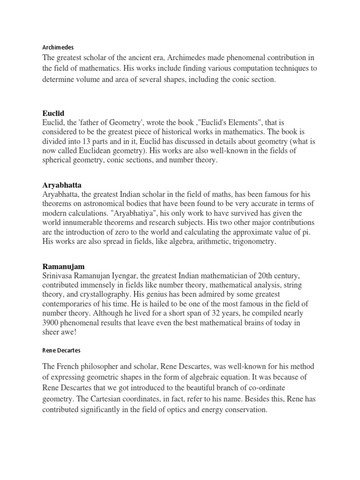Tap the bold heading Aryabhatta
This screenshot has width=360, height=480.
tap(61, 185)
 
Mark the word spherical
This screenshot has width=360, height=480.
tap(59, 160)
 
